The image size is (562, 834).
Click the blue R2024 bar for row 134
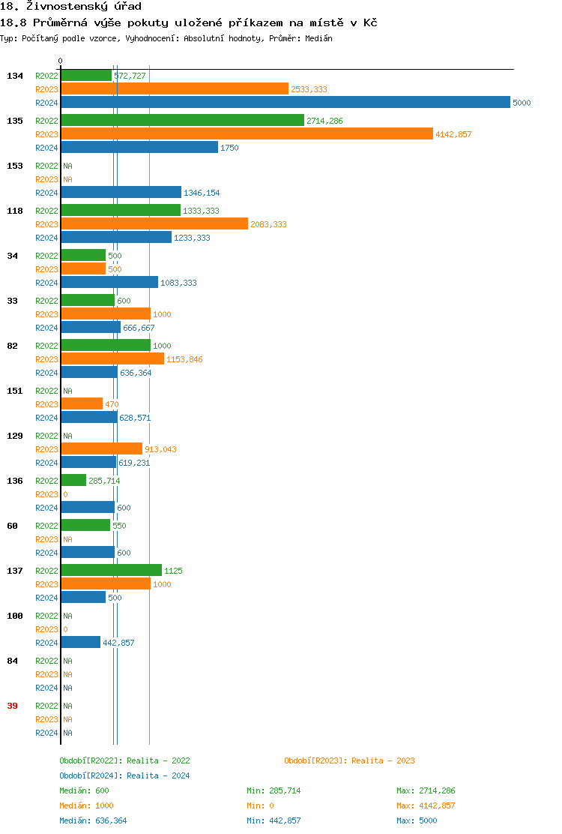285,103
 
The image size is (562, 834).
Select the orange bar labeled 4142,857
247,134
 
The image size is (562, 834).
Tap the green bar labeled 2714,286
183,121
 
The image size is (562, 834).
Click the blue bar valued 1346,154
121,193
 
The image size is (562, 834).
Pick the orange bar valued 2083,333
154,224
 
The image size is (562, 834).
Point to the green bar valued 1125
112,571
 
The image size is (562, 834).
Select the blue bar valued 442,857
81,643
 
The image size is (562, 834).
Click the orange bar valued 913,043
102,449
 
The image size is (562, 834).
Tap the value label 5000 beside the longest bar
522,103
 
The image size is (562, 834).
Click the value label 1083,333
178,283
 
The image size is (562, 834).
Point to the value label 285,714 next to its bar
104,481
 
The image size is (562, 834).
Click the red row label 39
12,706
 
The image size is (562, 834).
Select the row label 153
15,166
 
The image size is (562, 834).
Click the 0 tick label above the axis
61,61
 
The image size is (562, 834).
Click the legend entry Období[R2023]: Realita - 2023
349,760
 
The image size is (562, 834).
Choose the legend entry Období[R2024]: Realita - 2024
124,775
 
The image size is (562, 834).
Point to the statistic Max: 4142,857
426,805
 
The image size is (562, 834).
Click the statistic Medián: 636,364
93,820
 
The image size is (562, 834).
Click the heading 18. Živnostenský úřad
71,7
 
